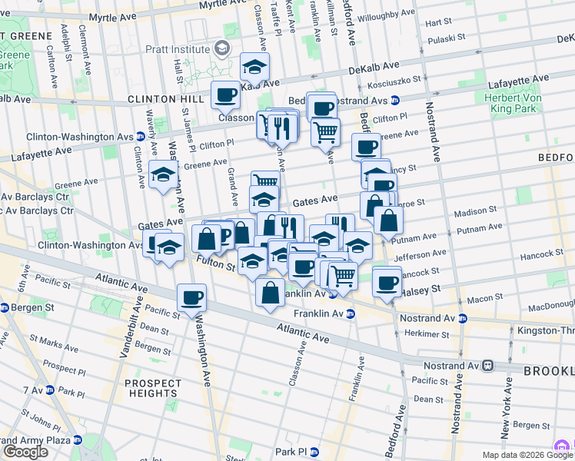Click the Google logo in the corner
click(x=25, y=452)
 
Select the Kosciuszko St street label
click(x=397, y=80)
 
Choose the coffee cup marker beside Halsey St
click(x=387, y=281)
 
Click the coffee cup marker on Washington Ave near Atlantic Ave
click(x=191, y=297)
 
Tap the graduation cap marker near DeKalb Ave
click(x=254, y=67)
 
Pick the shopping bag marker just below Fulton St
click(x=270, y=293)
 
